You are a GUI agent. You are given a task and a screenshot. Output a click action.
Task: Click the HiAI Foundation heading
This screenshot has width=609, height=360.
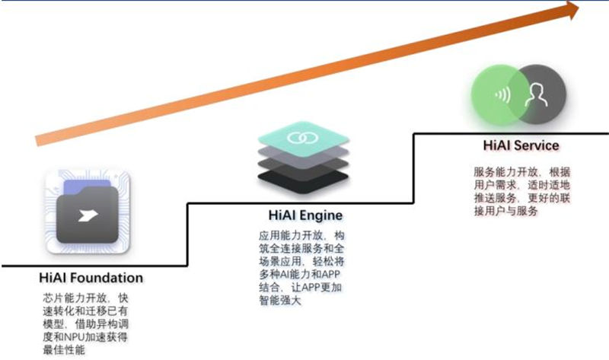pos(91,277)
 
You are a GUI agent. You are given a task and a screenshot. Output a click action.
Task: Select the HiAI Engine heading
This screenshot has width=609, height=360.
pos(304,215)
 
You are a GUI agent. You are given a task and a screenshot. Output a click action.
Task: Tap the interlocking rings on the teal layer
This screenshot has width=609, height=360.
pos(302,138)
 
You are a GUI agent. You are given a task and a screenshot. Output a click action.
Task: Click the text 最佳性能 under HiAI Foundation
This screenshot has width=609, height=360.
pos(63,349)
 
